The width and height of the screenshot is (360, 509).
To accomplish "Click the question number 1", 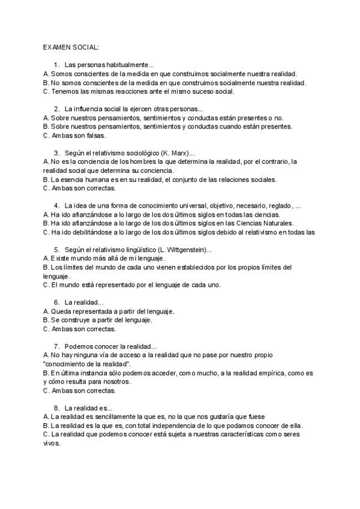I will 56,65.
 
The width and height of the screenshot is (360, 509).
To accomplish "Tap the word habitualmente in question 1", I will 133,65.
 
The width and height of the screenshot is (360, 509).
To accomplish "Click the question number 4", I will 56,205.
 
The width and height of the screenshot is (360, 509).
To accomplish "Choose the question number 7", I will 56,346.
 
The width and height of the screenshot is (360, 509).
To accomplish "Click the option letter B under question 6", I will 46,320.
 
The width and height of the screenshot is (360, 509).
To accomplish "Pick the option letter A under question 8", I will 46,416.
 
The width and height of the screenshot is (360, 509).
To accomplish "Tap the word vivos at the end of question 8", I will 52,443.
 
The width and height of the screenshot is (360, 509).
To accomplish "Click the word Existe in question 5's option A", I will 62,258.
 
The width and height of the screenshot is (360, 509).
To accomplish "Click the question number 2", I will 56,109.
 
